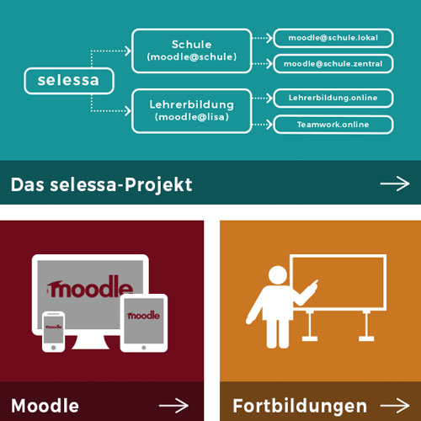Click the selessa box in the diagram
pos(69,81)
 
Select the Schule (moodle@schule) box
pos(192,51)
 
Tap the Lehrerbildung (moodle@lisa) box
pos(192,111)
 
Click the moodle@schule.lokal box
pos(333,38)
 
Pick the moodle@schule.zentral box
pos(333,64)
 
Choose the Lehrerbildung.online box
pos(333,98)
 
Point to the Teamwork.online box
pos(333,125)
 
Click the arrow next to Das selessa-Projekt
pos(395,184)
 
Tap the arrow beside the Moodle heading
pos(173,406)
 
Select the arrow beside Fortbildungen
pos(395,406)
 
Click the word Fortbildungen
pos(300,407)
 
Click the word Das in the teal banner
pos(28,184)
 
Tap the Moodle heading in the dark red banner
pos(45,406)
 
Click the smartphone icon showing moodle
pos(53,332)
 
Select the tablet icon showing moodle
pos(144,322)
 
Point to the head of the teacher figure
pos(278,275)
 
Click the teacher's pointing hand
pos(314,285)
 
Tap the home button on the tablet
pos(144,348)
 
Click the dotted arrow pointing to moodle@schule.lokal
pos(263,38)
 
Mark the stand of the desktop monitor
pos(90,343)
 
